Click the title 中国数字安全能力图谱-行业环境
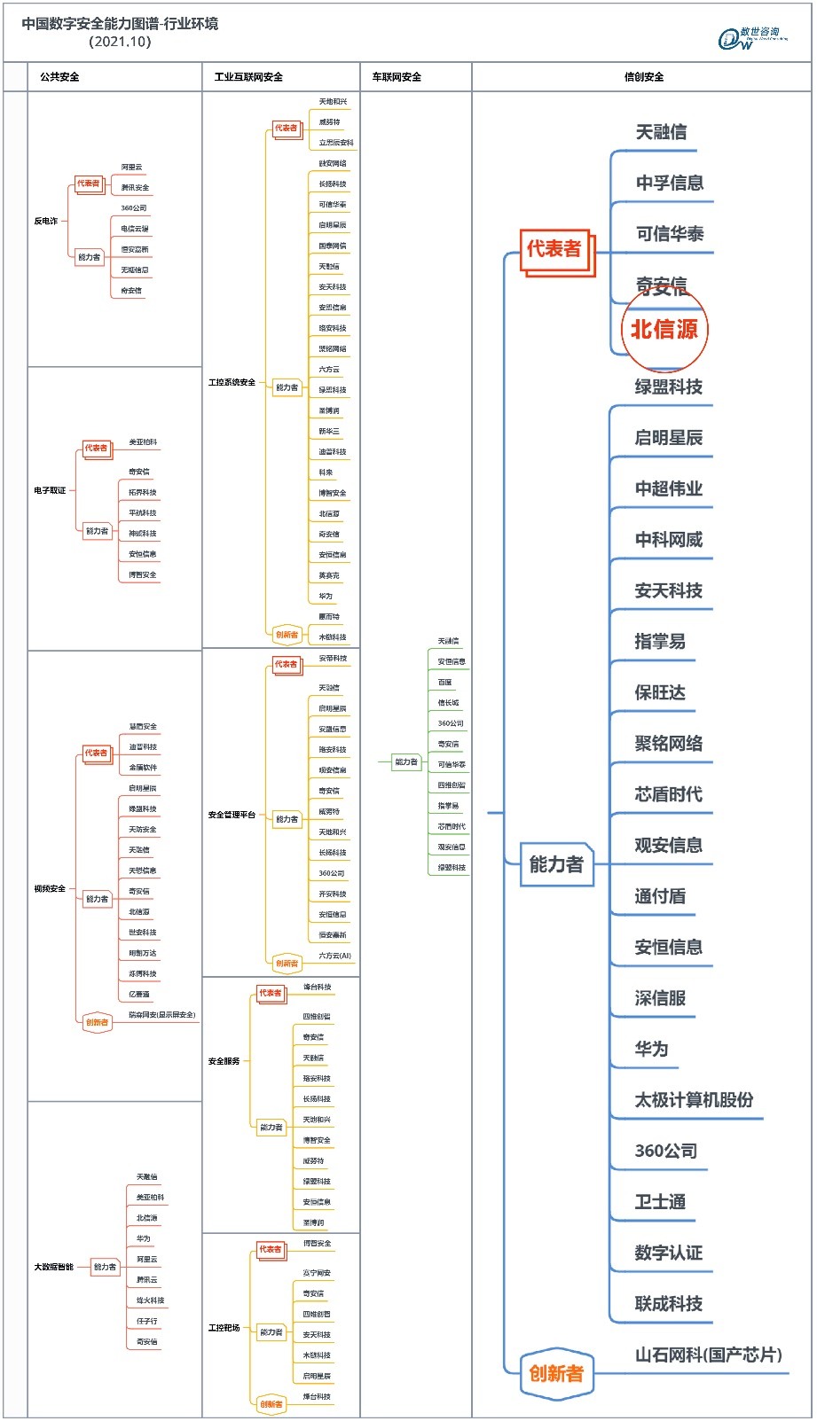pos(120,24)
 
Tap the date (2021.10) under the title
pos(120,42)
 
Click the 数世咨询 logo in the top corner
pos(752,38)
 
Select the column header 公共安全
pos(59,77)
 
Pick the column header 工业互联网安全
pos(248,77)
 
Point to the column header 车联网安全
pos(397,77)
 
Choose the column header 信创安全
pos(643,77)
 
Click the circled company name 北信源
pos(664,330)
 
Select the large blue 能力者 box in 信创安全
pos(556,864)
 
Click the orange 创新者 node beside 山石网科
pos(556,1373)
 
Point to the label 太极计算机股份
pos(694,1100)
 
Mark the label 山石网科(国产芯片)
pos(708,1355)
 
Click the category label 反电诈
pos(46,221)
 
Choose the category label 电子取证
pos(50,490)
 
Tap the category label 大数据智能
pos(53,1267)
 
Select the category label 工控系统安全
pos(232,382)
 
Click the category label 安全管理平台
pos(232,815)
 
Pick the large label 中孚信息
pos(670,183)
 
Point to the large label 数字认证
pos(668,1253)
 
